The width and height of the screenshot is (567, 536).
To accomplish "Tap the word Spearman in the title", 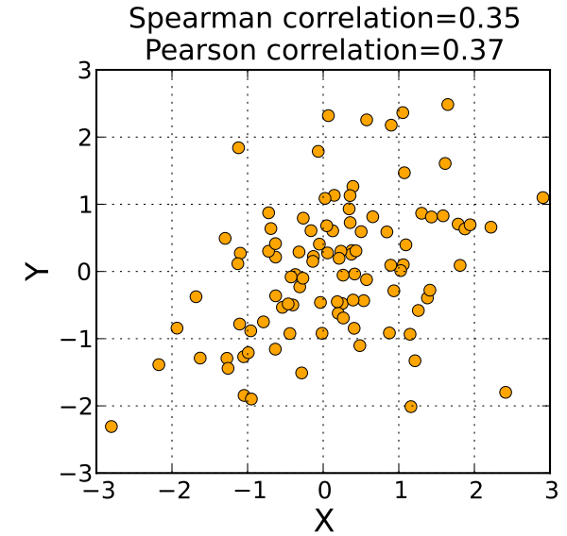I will (192, 20).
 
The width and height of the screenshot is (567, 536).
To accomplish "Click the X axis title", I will (323, 519).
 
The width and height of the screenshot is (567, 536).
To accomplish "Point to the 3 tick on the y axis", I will (82, 71).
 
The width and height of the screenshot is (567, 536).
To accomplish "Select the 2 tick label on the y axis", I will (82, 138).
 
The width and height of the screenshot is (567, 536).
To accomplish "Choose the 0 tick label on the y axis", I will (82, 272).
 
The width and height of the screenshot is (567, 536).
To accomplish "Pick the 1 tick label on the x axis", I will (399, 492).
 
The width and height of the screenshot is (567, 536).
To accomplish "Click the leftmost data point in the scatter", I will (112, 427).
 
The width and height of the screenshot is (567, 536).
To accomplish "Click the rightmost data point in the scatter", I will (542, 198).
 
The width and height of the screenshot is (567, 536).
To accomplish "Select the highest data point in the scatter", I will (448, 105).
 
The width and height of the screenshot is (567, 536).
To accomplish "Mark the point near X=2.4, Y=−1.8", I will (505, 393).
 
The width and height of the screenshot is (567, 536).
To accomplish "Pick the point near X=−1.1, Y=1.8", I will (238, 148).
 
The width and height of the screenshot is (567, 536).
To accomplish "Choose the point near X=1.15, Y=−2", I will (410, 407).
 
